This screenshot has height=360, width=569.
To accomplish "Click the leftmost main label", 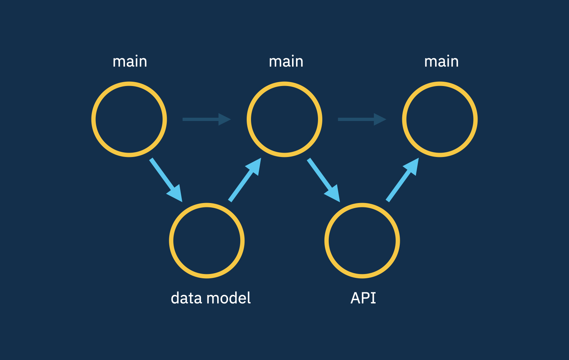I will click(130, 62).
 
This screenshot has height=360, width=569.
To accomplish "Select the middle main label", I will click(286, 62).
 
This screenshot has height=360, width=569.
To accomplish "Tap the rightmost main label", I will click(441, 62).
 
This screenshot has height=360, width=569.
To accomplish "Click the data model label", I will click(211, 298).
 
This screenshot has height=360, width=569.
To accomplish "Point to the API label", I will click(363, 298).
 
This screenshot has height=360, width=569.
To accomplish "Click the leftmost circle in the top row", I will click(129, 120).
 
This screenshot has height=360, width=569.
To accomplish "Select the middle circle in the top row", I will click(284, 120).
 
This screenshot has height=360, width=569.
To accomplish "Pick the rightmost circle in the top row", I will click(440, 120).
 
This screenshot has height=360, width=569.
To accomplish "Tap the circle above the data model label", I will click(207, 240).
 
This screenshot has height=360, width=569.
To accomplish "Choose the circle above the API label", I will click(362, 240).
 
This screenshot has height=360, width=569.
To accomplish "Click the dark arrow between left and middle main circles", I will click(206, 119).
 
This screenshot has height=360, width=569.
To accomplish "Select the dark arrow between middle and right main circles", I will click(362, 119).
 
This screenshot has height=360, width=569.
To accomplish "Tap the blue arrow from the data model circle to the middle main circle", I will click(245, 179).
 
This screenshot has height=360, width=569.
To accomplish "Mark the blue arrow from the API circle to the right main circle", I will click(403, 179).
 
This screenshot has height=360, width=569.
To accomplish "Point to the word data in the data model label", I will click(186, 298).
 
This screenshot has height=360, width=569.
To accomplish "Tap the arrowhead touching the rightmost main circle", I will click(412, 166).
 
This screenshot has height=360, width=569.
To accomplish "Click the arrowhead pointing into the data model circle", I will click(176, 194).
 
